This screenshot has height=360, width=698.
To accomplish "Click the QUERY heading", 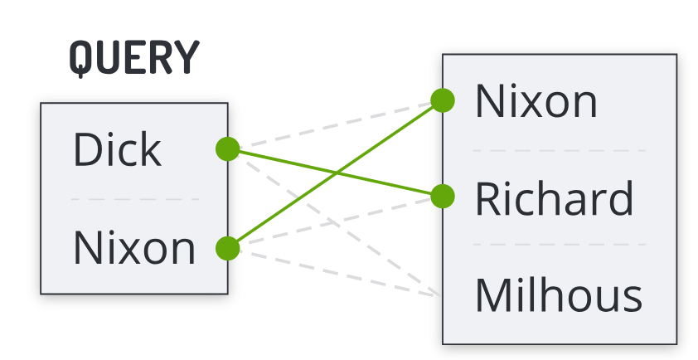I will coord(134,58).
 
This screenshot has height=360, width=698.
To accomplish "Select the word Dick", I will coord(116,150).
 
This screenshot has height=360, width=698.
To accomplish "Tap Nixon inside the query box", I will coord(134,247).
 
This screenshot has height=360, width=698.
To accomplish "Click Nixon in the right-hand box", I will coord(536,101).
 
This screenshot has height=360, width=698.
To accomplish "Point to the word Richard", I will coord(554,198).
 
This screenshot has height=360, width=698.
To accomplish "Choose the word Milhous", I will coord(558,294).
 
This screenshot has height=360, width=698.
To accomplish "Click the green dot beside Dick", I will coord(227,149).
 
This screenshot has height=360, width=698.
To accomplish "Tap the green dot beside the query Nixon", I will coord(227,247).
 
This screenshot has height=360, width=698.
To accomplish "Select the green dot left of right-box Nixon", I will coord(443,100).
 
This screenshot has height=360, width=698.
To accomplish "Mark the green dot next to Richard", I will coord(443,197).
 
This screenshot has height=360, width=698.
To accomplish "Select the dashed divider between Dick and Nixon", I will coord(134,199).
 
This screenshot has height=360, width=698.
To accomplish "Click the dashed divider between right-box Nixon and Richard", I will coord(560,150).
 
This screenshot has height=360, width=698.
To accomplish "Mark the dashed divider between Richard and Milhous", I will coord(560,246).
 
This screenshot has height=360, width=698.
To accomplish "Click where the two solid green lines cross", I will coord(337,173).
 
